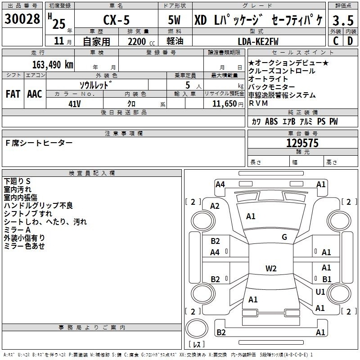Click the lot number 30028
(x=22, y=19)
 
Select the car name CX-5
(x=117, y=20)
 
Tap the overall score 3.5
(x=343, y=20)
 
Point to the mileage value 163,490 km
(x=53, y=65)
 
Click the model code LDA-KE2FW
(x=258, y=41)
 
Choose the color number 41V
(x=75, y=104)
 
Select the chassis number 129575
(x=302, y=143)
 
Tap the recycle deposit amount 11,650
(x=225, y=104)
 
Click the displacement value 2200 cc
(x=141, y=41)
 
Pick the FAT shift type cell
(x=13, y=94)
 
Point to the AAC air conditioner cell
(x=35, y=94)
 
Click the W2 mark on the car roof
(x=271, y=268)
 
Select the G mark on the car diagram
(x=284, y=237)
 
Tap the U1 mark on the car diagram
(x=320, y=292)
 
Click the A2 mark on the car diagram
(x=215, y=206)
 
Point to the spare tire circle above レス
(x=197, y=328)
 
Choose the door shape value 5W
(x=174, y=20)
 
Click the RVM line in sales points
(x=258, y=103)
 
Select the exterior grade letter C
(x=336, y=41)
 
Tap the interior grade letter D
(x=350, y=41)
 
